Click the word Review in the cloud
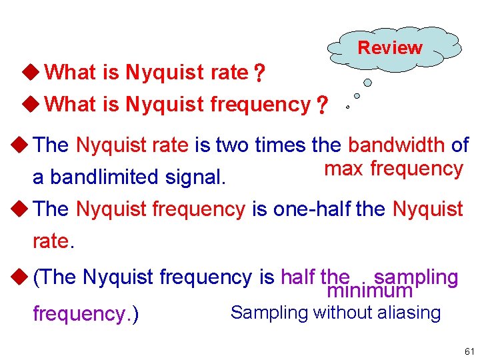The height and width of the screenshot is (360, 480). click(390, 48)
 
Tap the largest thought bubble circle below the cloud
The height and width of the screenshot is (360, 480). click(367, 83)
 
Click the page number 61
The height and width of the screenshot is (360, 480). click(469, 351)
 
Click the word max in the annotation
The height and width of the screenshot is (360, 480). click(344, 169)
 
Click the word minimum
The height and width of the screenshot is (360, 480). click(370, 291)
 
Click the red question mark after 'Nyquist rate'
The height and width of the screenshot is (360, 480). click(257, 73)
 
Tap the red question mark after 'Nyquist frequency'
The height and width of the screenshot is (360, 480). click(322, 105)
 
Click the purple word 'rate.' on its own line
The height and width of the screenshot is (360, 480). click(52, 241)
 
